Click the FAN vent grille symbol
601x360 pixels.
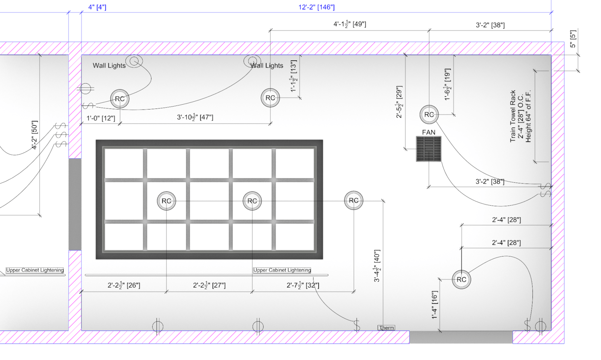(x=429, y=149)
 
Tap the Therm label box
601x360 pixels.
(x=386, y=328)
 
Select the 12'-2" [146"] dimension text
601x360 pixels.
(x=317, y=7)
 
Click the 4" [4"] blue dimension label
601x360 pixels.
(x=97, y=7)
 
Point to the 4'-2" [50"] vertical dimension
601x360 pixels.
(x=35, y=135)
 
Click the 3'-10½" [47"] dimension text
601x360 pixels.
(x=195, y=117)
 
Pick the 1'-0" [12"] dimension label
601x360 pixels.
(x=101, y=118)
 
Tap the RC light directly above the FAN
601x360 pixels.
(x=429, y=114)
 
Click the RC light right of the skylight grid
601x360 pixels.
(x=354, y=200)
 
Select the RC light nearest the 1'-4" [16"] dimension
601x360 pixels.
(x=461, y=279)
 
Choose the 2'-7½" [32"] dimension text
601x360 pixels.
(x=303, y=285)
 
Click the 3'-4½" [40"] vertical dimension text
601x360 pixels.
(x=377, y=266)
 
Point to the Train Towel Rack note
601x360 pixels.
(x=520, y=116)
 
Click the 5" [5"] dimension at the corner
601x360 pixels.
(x=573, y=39)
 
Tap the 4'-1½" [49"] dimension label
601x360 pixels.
(x=350, y=24)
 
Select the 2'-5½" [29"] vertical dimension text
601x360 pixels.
(x=399, y=102)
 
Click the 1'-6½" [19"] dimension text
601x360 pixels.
(x=447, y=84)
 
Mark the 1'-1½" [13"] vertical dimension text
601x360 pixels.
(x=294, y=76)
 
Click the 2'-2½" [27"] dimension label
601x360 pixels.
(x=209, y=285)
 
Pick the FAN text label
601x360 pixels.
(x=429, y=132)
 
